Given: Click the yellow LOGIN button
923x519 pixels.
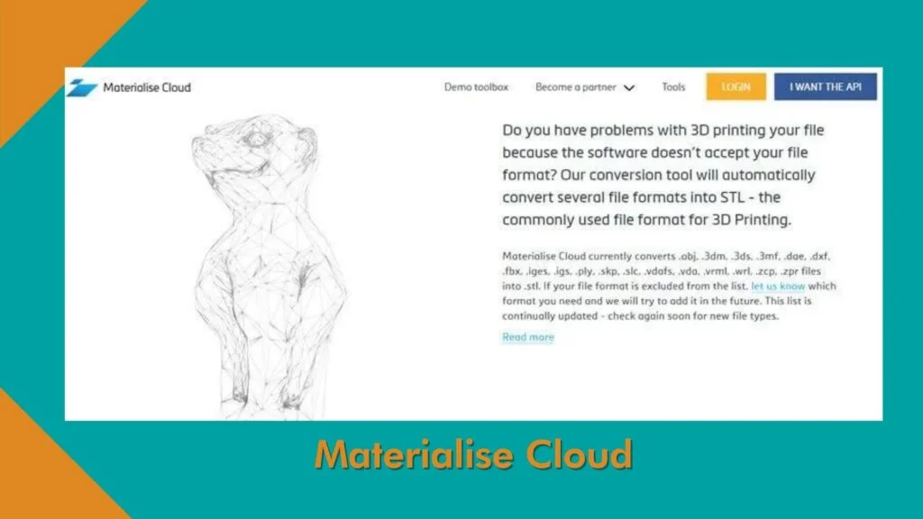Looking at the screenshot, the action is tap(736, 86).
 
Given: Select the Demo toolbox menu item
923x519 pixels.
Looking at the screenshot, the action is tap(476, 87).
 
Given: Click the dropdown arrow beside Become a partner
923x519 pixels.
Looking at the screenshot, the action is tap(629, 88).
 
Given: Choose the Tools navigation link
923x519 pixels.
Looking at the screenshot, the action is tap(673, 87).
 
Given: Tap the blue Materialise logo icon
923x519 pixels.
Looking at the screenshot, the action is tap(81, 87).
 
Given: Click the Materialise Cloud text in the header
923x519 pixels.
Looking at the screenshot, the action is tap(147, 87).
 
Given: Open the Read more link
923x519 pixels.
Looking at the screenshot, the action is tap(528, 337).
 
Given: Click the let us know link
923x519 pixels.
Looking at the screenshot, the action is tap(778, 286).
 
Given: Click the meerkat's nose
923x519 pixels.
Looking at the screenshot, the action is tap(197, 143).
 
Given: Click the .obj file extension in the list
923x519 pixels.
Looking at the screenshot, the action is tap(688, 256).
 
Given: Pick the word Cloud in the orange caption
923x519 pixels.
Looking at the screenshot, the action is tap(580, 454).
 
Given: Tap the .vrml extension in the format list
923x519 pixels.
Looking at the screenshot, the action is tap(715, 271).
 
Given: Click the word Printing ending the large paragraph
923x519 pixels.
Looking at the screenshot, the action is tap(763, 220).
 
